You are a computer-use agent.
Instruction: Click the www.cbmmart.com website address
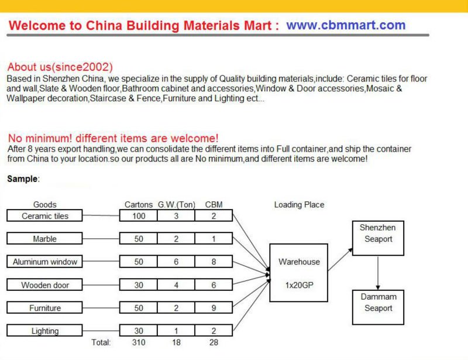[x=346, y=26]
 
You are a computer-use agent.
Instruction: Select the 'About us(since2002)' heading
[x=60, y=67]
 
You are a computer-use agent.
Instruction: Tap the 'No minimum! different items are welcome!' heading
[x=113, y=138]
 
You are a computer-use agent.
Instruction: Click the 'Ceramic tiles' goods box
[x=45, y=216]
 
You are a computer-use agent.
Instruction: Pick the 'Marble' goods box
[x=45, y=239]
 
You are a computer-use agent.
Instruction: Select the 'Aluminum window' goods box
[x=45, y=262]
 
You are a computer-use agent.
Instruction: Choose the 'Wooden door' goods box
[x=45, y=285]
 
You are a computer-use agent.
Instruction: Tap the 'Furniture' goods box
[x=45, y=308]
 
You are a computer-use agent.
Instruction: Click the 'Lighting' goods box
[x=45, y=331]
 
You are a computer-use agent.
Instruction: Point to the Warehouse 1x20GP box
[x=298, y=273]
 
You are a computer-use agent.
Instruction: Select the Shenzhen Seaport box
[x=378, y=238]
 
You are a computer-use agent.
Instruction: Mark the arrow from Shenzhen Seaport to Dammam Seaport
[x=378, y=272]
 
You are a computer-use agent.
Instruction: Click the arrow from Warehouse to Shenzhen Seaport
[x=340, y=259]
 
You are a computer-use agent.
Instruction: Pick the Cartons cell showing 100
[x=139, y=216]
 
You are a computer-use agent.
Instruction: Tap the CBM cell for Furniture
[x=214, y=308]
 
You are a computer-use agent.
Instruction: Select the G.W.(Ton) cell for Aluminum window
[x=176, y=262]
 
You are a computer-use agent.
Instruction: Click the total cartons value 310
[x=139, y=342]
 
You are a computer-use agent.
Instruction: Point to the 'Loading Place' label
[x=299, y=205]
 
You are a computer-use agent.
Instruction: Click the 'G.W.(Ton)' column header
[x=177, y=205]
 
